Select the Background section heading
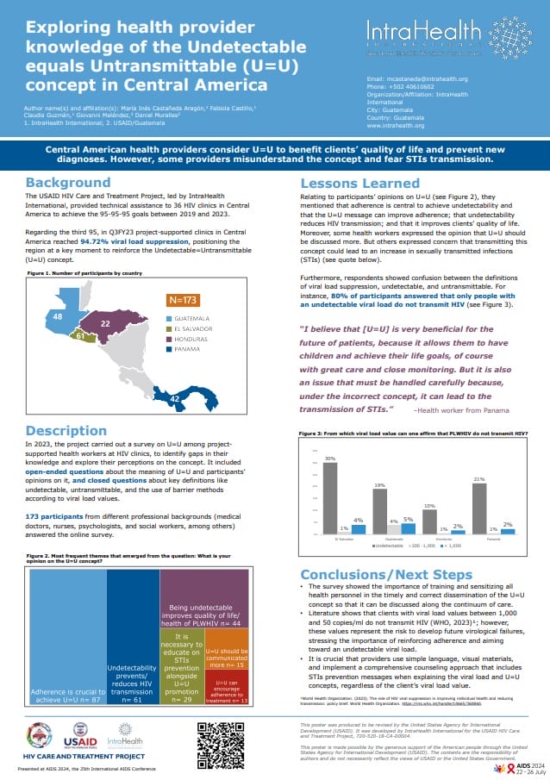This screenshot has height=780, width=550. [67, 183]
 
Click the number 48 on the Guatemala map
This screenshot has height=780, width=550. [59, 317]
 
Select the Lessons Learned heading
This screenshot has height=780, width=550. [359, 183]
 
